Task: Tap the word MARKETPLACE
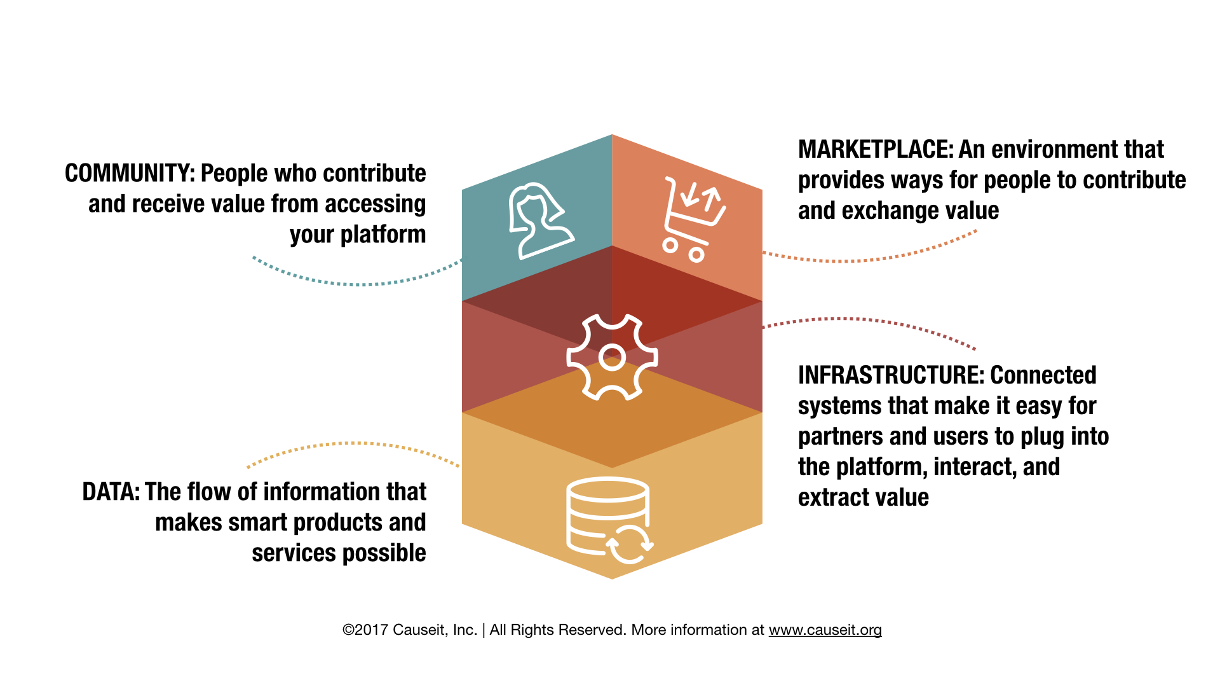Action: [x=876, y=149]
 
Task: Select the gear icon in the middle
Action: [x=612, y=357]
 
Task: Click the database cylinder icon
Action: [x=607, y=515]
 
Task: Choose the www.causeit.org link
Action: [x=825, y=630]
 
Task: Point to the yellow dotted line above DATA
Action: [x=353, y=444]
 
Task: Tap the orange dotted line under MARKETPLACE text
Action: [x=871, y=260]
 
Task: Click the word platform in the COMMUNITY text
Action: [x=383, y=235]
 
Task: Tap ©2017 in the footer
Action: [x=365, y=630]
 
